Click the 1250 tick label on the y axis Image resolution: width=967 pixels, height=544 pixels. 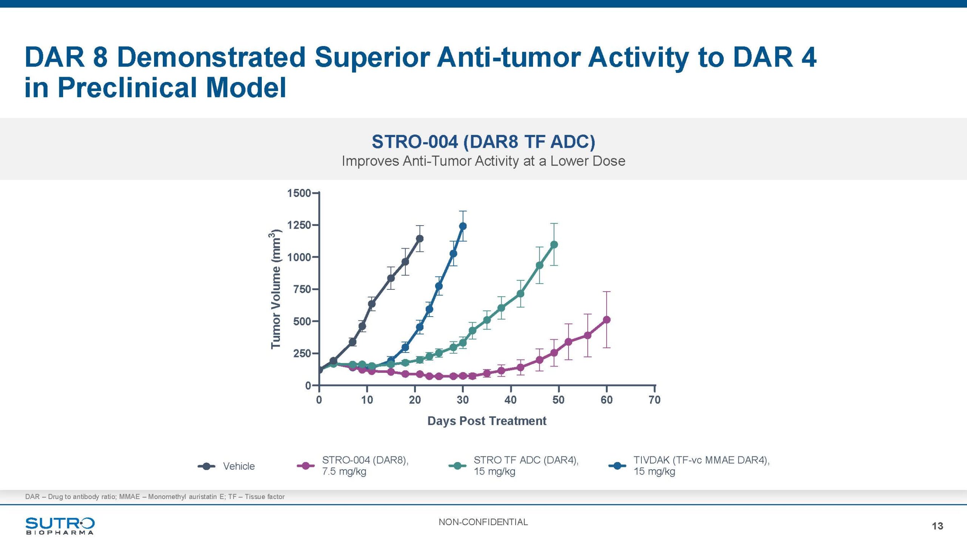(x=299, y=225)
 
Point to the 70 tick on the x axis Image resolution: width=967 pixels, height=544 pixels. (x=655, y=400)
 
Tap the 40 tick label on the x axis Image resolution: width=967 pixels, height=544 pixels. (x=511, y=400)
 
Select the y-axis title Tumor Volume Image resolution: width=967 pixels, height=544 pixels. (x=276, y=289)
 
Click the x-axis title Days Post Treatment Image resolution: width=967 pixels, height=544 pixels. (x=487, y=421)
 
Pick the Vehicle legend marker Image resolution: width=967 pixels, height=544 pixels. (x=207, y=466)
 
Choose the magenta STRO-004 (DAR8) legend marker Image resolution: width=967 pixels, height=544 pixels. (x=306, y=466)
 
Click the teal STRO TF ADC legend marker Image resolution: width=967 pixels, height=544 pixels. (x=457, y=466)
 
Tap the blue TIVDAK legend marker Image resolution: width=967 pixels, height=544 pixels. (x=617, y=466)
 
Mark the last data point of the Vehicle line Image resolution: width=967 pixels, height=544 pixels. (x=419, y=238)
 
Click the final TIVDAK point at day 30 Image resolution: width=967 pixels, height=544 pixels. (x=463, y=226)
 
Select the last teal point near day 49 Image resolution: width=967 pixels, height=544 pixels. (x=554, y=244)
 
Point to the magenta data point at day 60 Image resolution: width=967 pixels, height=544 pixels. (x=607, y=320)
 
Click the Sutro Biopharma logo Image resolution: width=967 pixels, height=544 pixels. (x=60, y=525)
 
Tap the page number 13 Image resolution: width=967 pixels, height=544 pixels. (x=937, y=526)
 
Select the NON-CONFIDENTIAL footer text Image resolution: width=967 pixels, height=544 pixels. (x=483, y=522)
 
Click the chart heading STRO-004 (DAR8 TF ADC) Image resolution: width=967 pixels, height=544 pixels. (x=483, y=142)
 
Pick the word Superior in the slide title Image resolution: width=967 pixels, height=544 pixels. (x=372, y=57)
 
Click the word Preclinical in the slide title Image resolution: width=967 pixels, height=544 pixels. (x=127, y=88)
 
